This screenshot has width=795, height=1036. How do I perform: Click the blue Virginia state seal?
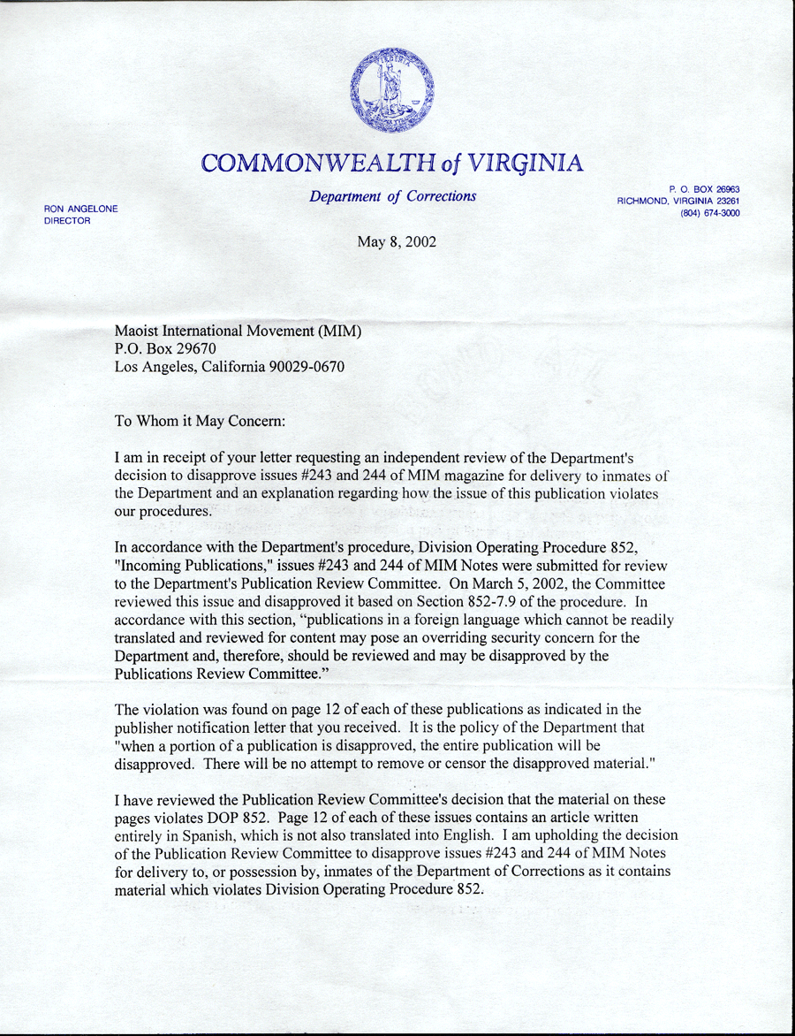click(x=391, y=91)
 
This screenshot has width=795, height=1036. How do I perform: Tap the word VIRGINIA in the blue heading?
click(x=526, y=164)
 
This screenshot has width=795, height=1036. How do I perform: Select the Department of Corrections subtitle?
click(x=392, y=196)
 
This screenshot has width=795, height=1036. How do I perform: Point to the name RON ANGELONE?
click(x=80, y=209)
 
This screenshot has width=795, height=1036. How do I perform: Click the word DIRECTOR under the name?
click(x=67, y=220)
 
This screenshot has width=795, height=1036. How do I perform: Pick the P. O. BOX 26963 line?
click(x=704, y=189)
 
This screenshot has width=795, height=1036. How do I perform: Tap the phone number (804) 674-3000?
click(x=709, y=213)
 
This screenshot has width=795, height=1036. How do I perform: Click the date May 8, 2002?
click(x=396, y=240)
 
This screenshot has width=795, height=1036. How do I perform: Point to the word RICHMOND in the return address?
click(x=646, y=202)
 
